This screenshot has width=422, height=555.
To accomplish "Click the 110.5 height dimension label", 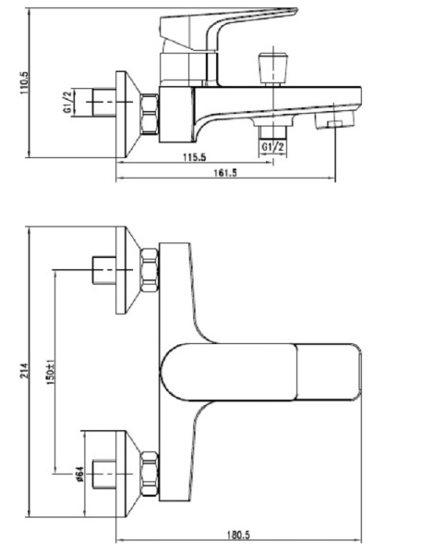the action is tap(25, 83).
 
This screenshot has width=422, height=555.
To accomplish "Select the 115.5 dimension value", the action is tap(195, 157).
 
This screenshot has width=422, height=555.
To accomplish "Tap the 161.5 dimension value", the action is tap(225, 173).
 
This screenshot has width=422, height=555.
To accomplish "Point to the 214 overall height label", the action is tap(24, 371).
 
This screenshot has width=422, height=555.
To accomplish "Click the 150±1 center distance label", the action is tap(50, 372).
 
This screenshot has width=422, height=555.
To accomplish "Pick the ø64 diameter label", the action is tap(78, 475).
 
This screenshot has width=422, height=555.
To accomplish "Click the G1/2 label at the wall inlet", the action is tap(67, 102).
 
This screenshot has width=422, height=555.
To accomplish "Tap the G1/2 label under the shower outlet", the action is tap(272, 147).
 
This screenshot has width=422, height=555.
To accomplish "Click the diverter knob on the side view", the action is tap(273, 69).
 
